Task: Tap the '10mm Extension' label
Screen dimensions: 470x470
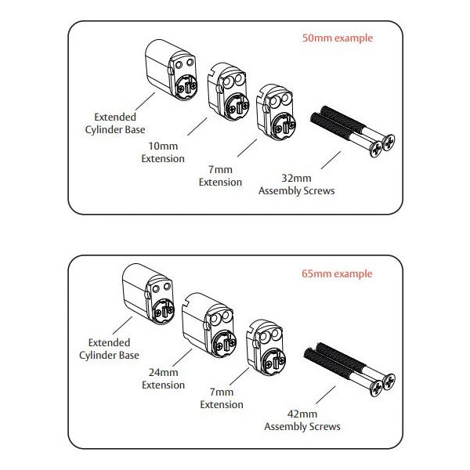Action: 163,152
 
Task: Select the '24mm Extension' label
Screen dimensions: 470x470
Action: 163,379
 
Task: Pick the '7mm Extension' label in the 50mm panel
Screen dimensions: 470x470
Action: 220,176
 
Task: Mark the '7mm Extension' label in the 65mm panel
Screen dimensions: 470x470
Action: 222,399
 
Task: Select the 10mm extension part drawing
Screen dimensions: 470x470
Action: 226,90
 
